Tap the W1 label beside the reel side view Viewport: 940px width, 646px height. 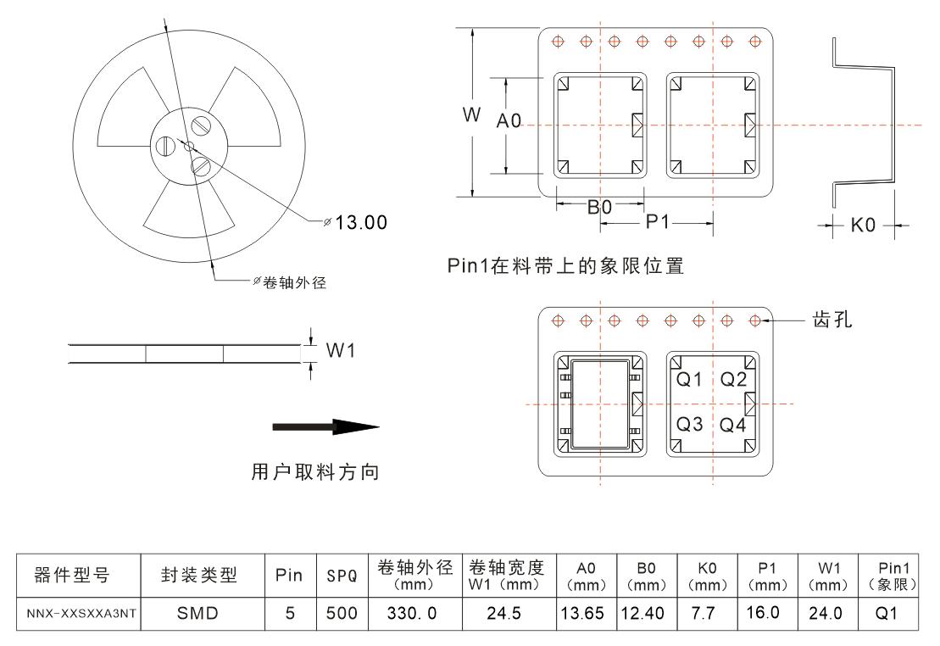tap(340, 351)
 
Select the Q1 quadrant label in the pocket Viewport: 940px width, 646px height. tap(690, 380)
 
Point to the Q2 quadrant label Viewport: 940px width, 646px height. tap(733, 380)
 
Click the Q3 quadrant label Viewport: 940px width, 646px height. tap(690, 424)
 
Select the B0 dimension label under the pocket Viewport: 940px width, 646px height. tap(600, 206)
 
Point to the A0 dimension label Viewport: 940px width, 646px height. tap(509, 122)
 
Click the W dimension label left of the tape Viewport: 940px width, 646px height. tap(471, 116)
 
